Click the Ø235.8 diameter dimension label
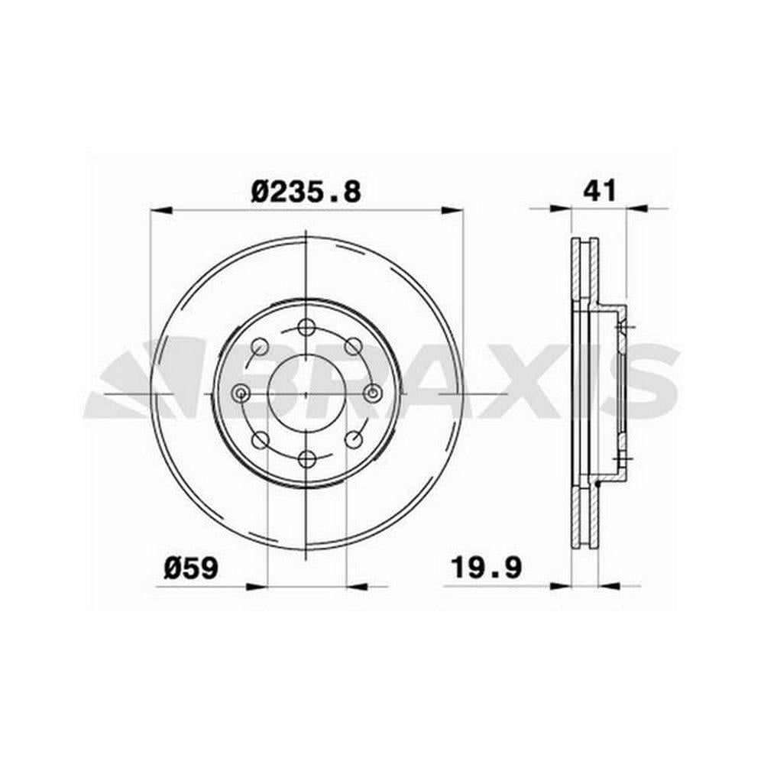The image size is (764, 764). (306, 192)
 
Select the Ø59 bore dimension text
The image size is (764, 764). (191, 568)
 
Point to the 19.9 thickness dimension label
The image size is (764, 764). (486, 567)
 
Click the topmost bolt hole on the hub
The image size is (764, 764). (306, 327)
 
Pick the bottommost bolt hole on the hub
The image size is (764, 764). (306, 459)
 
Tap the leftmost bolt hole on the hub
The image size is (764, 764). (240, 393)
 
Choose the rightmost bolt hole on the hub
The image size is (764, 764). (372, 393)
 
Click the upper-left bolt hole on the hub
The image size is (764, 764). (259, 346)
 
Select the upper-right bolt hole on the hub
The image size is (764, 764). (353, 346)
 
